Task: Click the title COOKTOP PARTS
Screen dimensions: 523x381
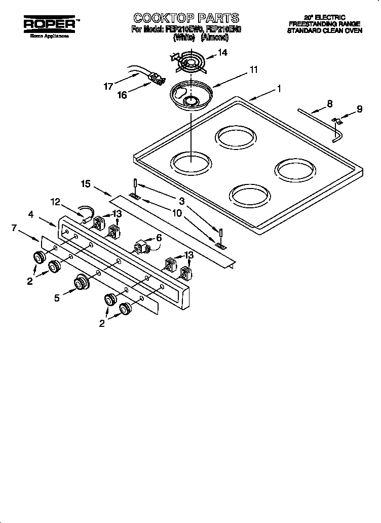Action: click(x=186, y=18)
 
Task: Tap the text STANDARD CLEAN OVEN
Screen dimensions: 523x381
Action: click(x=324, y=31)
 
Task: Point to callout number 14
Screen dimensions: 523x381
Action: click(x=222, y=53)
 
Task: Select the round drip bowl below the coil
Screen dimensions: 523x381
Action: click(x=191, y=97)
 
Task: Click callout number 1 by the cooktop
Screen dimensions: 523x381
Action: click(x=279, y=89)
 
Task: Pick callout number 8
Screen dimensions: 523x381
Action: click(x=329, y=104)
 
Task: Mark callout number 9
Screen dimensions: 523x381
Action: click(x=359, y=108)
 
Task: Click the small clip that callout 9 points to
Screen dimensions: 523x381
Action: click(x=336, y=120)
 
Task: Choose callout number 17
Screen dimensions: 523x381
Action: click(x=108, y=87)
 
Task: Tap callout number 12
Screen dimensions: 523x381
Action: click(x=56, y=202)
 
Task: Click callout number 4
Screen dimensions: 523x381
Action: click(x=31, y=214)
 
